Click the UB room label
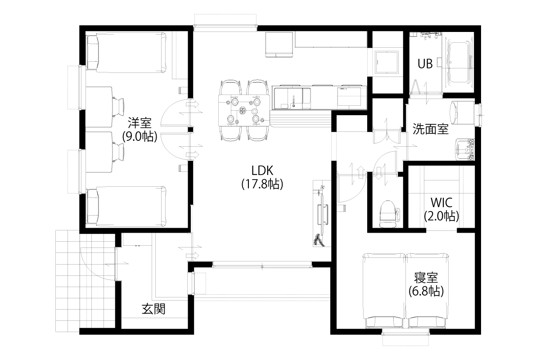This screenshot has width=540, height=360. coord(425,64)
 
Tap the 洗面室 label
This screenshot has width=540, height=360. coord(431,130)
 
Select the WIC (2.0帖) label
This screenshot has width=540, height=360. coord(441,209)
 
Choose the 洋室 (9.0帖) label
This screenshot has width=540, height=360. coord(139,130)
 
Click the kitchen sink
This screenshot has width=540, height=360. coord(292,98)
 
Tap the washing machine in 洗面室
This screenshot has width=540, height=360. coord(463,112)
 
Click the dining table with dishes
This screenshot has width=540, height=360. coord(244,110)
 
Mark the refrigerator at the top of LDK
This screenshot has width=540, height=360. coord(279,45)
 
